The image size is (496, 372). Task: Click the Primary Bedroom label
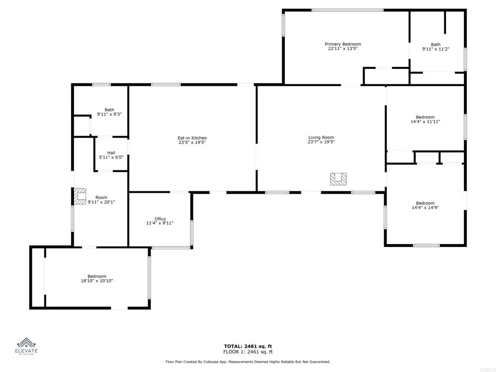(x=342, y=44)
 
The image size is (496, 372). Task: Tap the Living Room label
(x=321, y=138)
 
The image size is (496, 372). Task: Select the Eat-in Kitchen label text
(x=192, y=138)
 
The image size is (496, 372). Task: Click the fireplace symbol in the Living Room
(x=338, y=179)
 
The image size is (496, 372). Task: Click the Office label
(x=160, y=219)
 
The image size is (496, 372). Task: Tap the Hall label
(x=111, y=153)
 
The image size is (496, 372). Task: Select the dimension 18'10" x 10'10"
(x=97, y=281)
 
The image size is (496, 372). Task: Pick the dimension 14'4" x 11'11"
(x=425, y=122)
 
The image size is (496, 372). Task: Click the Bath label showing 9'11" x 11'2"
(x=435, y=45)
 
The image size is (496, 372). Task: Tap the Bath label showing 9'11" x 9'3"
(x=109, y=110)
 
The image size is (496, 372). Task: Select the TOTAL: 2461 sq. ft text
(x=248, y=346)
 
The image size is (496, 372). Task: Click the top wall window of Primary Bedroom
(x=347, y=10)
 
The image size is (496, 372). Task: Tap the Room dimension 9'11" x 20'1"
(x=101, y=202)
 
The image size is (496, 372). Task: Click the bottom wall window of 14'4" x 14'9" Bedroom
(x=426, y=245)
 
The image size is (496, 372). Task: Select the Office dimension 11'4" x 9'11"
(x=160, y=223)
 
